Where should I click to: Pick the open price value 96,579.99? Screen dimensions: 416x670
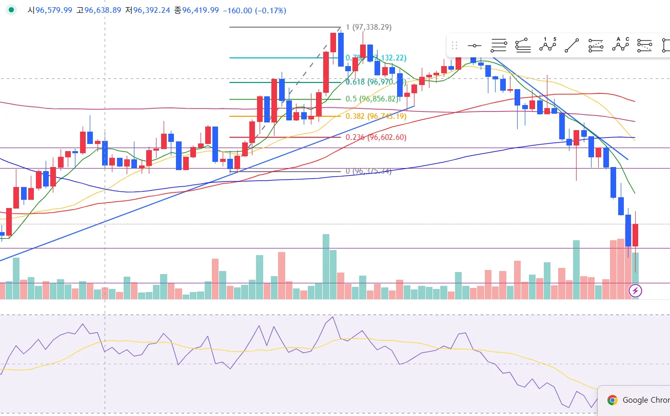tap(54, 10)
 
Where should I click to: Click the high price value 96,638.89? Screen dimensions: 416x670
tap(103, 10)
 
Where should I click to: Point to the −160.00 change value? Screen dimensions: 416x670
tap(237, 10)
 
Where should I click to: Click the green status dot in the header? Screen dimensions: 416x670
tap(11, 10)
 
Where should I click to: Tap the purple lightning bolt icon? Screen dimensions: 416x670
tap(636, 292)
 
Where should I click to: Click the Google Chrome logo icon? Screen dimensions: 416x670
tap(612, 400)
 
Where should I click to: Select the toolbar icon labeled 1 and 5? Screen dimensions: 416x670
tap(548, 46)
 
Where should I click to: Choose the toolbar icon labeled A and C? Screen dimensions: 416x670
tap(621, 46)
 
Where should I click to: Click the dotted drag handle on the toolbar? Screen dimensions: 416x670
tap(454, 46)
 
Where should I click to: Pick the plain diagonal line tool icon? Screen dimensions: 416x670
tap(572, 46)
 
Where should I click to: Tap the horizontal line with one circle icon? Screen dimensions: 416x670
tap(474, 46)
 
